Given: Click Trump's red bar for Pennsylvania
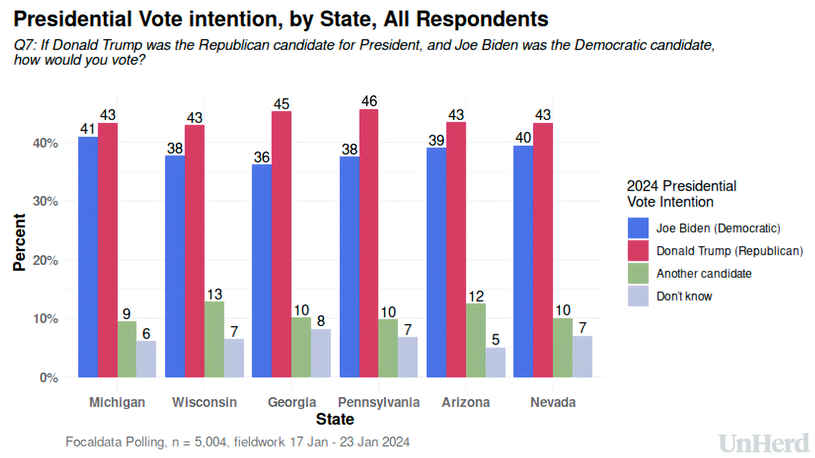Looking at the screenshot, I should (x=368, y=243).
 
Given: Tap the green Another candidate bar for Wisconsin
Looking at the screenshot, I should (x=214, y=339).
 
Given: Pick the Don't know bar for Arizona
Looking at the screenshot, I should (x=495, y=363).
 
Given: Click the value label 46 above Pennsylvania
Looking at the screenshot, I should (x=369, y=101).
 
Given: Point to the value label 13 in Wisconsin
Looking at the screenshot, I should (x=214, y=294).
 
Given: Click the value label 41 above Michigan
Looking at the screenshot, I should (x=88, y=128).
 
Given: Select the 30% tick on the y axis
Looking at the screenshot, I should (x=45, y=201).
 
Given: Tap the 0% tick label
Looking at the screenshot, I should (x=49, y=377).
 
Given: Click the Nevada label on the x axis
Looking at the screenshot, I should (x=553, y=402).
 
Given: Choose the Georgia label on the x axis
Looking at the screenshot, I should (x=292, y=402).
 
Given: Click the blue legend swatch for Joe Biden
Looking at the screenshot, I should (x=638, y=228).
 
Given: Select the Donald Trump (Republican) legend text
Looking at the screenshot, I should (x=729, y=251).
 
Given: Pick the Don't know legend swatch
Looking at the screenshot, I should (x=638, y=296).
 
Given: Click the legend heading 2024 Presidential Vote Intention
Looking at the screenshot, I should (x=681, y=194).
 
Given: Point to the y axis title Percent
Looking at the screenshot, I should (x=20, y=242).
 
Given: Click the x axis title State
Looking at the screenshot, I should (x=335, y=419).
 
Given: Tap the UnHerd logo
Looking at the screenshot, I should (x=764, y=444).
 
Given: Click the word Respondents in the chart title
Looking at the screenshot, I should (x=482, y=19).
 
